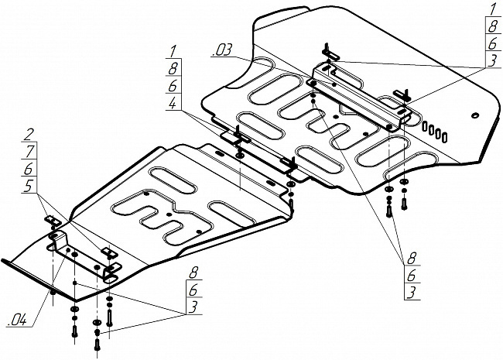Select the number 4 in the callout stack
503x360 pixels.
point(172,104)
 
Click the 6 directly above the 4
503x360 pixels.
point(172,85)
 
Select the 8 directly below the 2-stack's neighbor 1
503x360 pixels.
point(172,67)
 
